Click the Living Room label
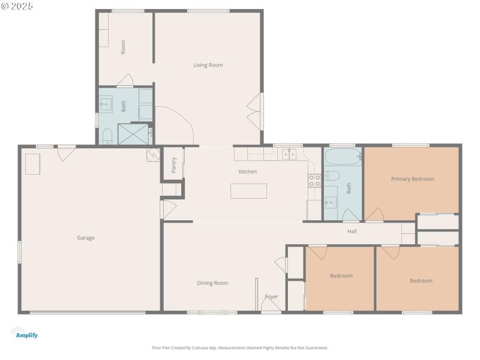tap(208, 65)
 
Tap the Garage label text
tap(86, 238)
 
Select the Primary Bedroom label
tap(412, 179)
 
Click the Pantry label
tap(173, 165)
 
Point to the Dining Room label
tap(212, 283)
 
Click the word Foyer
tap(271, 296)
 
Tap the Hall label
tap(352, 231)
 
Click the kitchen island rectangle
tap(248, 191)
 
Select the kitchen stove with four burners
tap(314, 181)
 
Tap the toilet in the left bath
tap(107, 136)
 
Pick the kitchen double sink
tap(290, 155)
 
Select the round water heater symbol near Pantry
tap(152, 155)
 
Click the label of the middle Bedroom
tap(341, 276)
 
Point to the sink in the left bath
tap(106, 104)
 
